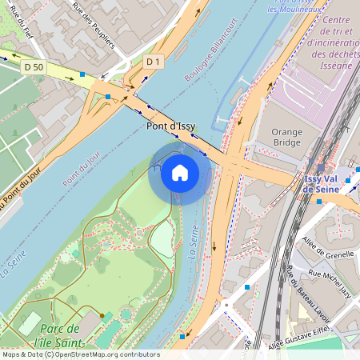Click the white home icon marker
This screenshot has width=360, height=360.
[x=180, y=172]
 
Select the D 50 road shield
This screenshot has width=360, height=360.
[x=34, y=67]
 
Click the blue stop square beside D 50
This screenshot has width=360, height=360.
[x=83, y=74]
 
